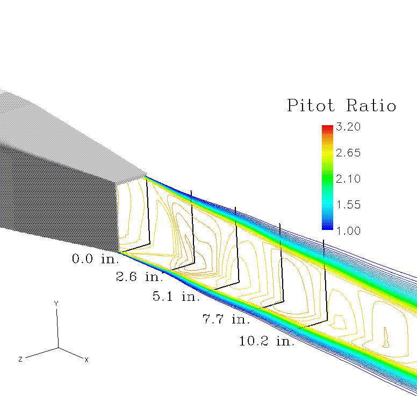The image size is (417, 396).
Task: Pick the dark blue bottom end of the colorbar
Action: pos(327,227)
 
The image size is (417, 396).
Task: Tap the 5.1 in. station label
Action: pos(176,296)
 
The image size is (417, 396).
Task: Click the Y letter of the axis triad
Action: pos(56,304)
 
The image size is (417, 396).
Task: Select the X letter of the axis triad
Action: pos(86,359)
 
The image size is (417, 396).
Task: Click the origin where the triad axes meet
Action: pos(58,347)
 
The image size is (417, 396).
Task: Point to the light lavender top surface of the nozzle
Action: pos(70,134)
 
